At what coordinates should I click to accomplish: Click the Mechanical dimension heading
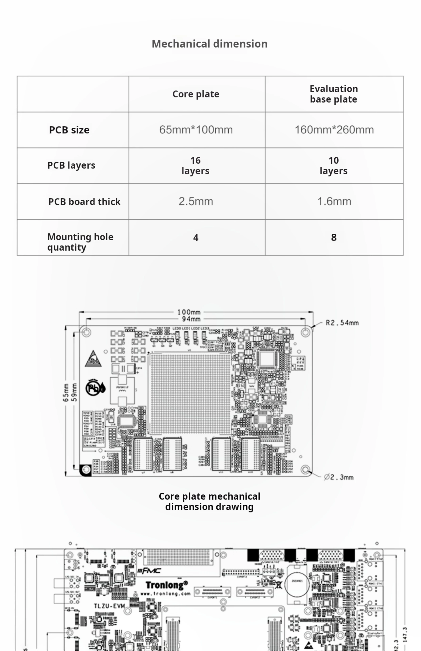[x=209, y=44]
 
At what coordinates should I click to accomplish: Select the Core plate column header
[x=196, y=94]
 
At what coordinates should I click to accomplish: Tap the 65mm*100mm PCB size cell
[x=196, y=130]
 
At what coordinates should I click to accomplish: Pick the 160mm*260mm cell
[x=334, y=130]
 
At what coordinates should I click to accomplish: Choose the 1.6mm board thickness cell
[x=334, y=201]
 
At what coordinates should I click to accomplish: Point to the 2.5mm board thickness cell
[x=196, y=201]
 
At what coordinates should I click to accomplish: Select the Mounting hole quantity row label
[x=80, y=242]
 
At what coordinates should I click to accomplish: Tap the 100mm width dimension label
[x=189, y=312]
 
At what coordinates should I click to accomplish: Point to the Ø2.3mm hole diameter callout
[x=339, y=477]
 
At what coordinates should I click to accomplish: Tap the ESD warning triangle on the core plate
[x=93, y=359]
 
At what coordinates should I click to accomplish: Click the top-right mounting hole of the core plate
[x=305, y=332]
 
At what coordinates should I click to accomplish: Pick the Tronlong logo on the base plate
[x=167, y=585]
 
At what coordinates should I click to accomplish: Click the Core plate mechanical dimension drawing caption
[x=209, y=501]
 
